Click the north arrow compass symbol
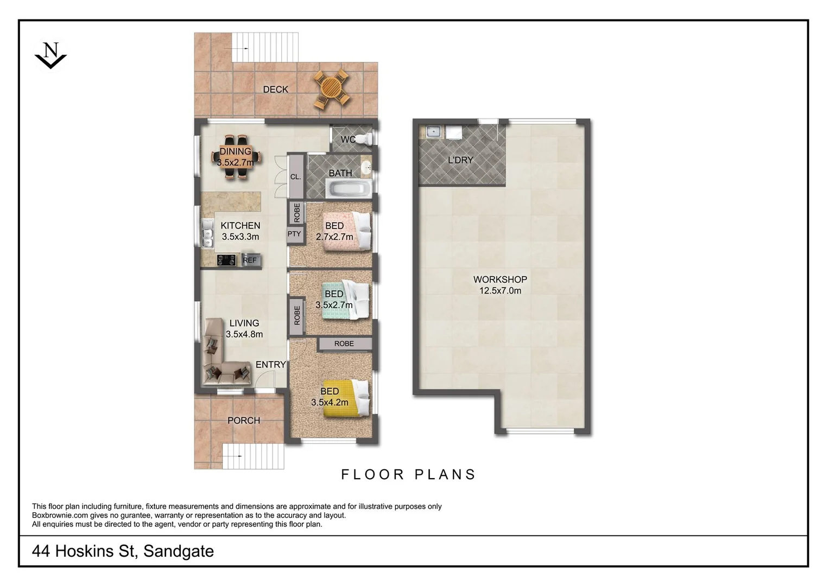(50, 55)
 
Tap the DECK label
(275, 90)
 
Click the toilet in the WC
(366, 139)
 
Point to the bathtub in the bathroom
(349, 189)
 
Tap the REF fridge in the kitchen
(250, 260)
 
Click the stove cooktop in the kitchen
(226, 260)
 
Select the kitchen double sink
(207, 233)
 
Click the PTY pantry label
(294, 234)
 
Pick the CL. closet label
(295, 177)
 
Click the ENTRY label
(270, 365)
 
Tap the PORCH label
(244, 421)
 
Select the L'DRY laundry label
(460, 160)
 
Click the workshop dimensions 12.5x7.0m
(500, 291)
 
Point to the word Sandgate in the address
(179, 551)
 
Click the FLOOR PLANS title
(408, 475)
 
